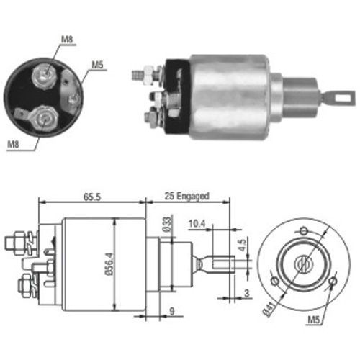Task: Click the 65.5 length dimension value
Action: (x=92, y=197)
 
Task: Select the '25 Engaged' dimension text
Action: (x=186, y=196)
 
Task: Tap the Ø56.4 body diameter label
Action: (x=109, y=264)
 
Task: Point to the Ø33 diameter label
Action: (x=168, y=224)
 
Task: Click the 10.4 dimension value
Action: (x=197, y=224)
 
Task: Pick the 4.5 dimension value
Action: (x=243, y=245)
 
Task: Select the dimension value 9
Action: (x=172, y=311)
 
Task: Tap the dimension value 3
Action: (x=247, y=293)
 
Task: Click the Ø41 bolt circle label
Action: (x=269, y=310)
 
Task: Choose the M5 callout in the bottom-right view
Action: (x=314, y=320)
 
